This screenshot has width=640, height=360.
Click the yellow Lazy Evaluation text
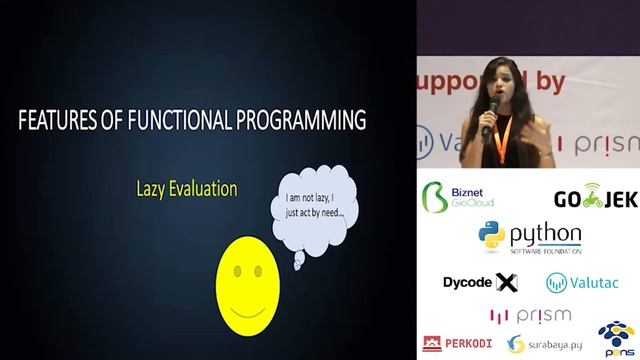[x=187, y=187]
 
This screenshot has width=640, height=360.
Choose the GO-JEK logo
[x=595, y=196]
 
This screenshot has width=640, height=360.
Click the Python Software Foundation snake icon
[x=491, y=236]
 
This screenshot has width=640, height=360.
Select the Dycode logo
[x=480, y=282]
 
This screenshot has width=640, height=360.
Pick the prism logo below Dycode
[x=530, y=315]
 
